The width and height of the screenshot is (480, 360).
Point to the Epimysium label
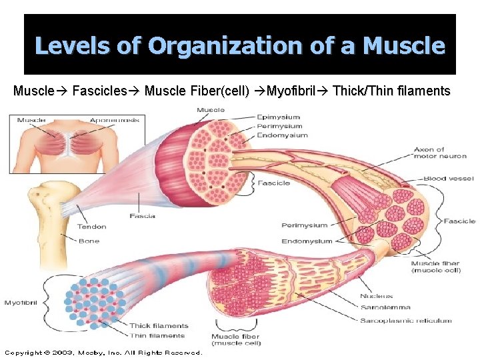click(x=279, y=117)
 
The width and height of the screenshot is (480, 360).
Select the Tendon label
click(x=91, y=227)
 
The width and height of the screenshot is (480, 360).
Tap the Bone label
click(x=88, y=241)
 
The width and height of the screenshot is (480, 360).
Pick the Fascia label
click(x=143, y=216)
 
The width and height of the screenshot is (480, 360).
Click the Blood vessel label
click(x=448, y=179)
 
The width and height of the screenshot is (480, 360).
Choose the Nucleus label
click(x=376, y=296)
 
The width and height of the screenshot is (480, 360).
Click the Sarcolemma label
click(x=385, y=308)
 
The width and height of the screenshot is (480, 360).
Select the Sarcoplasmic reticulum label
click(x=405, y=321)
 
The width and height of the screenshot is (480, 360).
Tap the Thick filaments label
click(x=159, y=325)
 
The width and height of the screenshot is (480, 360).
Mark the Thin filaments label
click(x=157, y=335)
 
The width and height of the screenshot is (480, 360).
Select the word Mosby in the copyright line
click(x=92, y=352)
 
